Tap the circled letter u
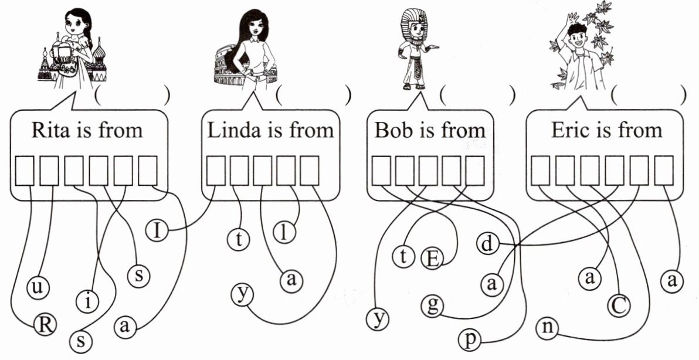(39, 288)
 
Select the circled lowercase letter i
(87, 302)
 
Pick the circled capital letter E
(432, 258)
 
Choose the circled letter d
(487, 242)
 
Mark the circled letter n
(548, 328)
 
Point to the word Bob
(393, 130)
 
